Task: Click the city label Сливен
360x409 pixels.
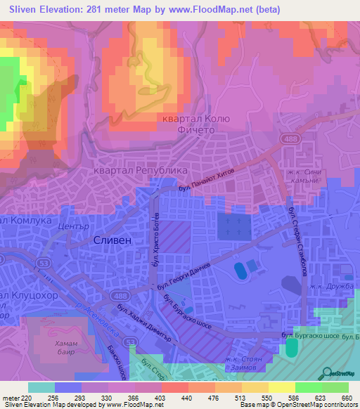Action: point(112,240)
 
